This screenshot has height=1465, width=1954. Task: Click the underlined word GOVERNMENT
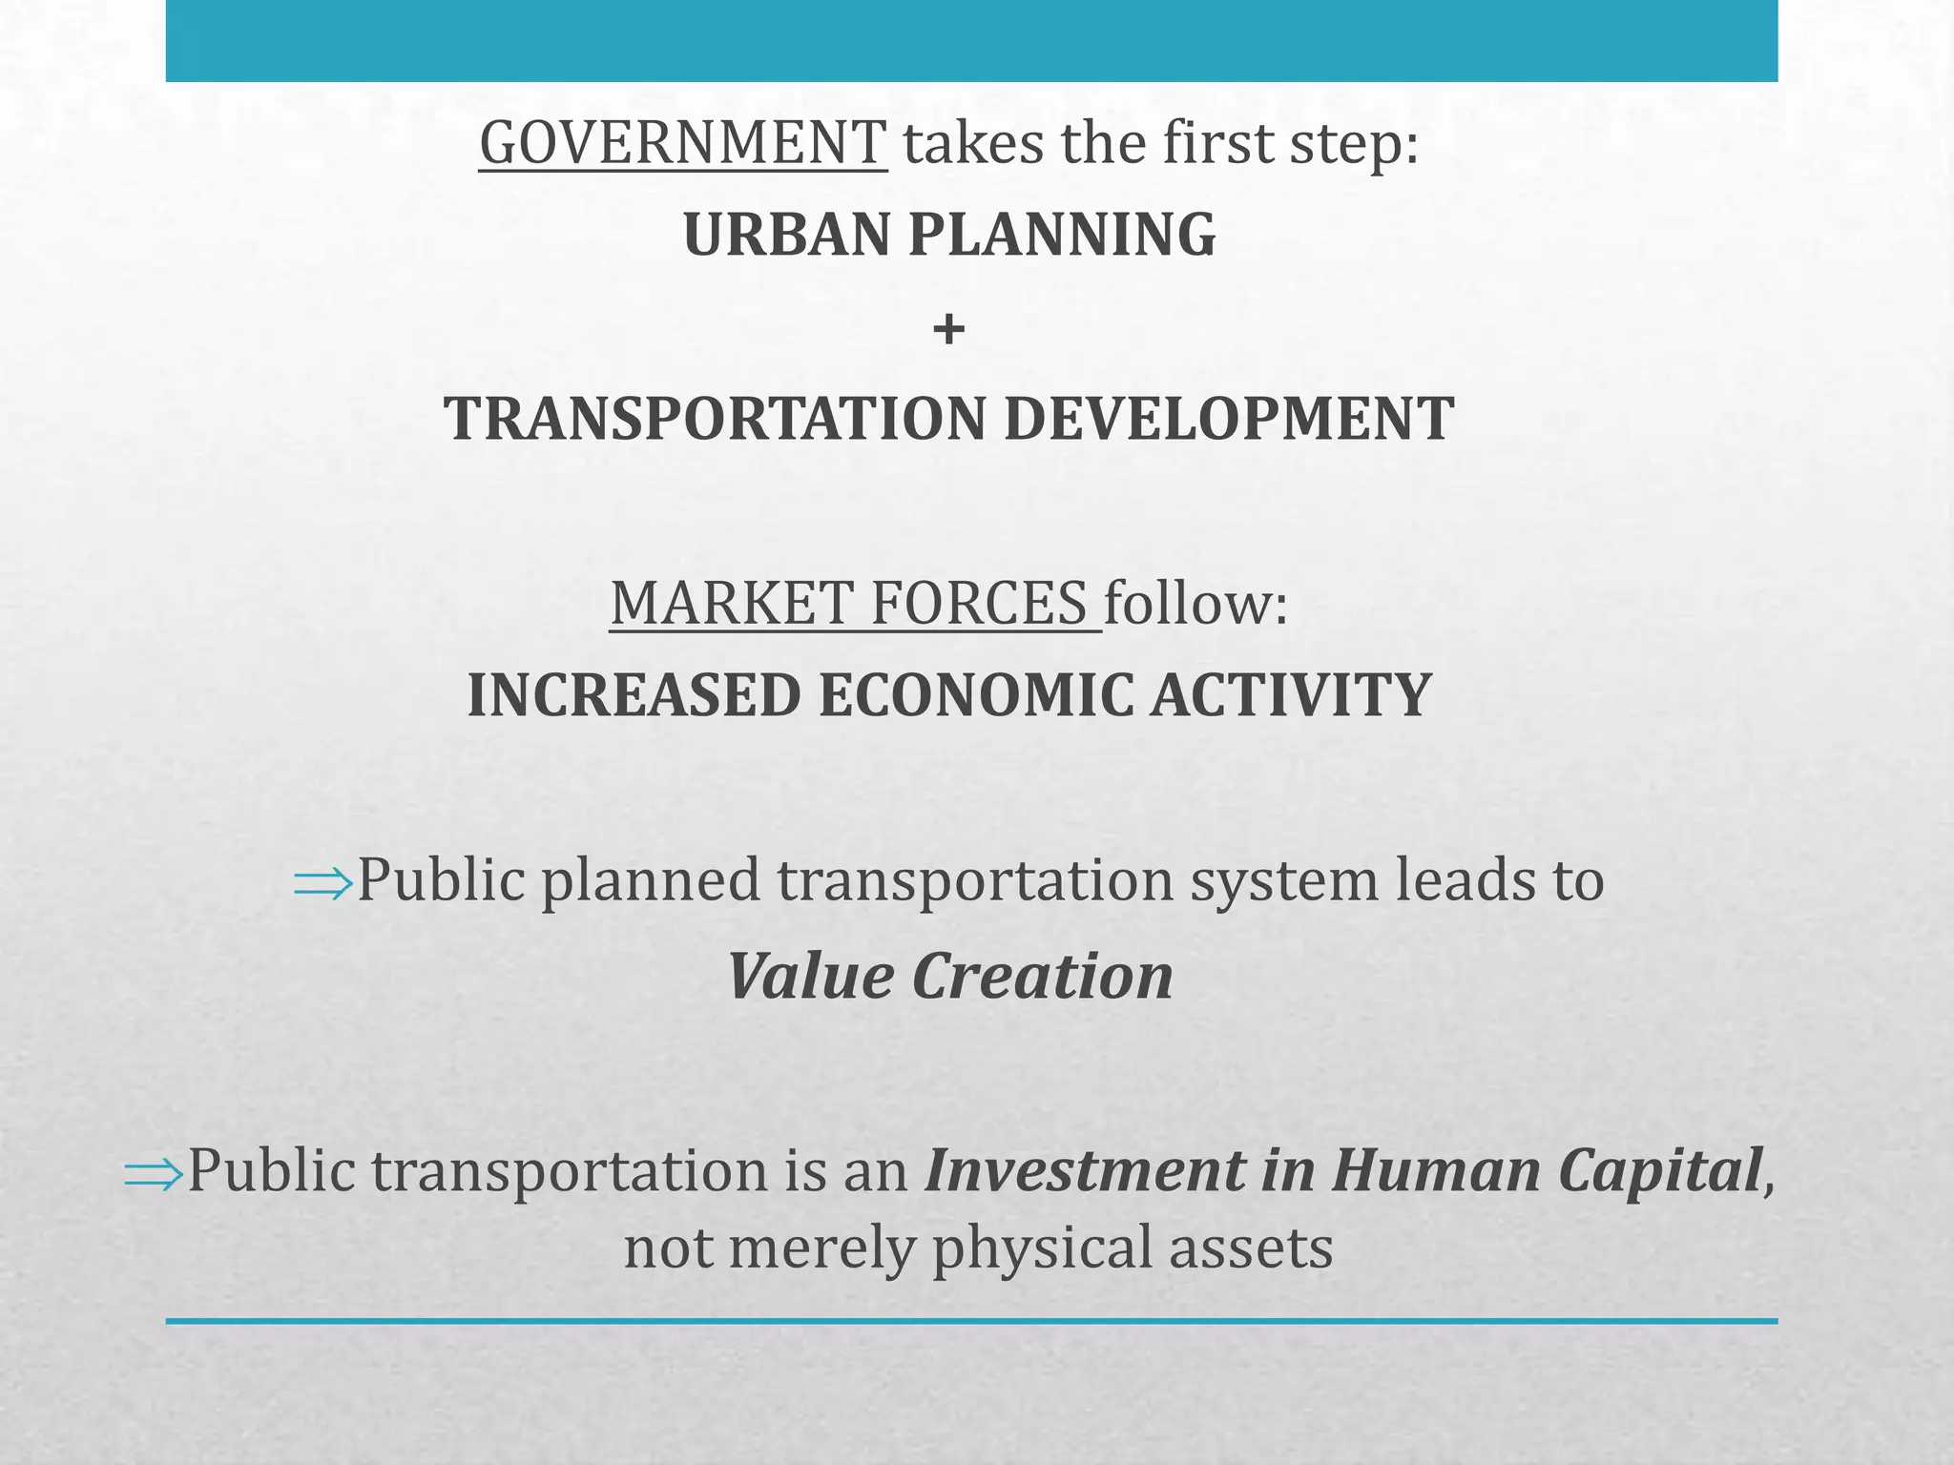coord(682,143)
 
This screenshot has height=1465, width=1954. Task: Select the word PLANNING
coord(1062,235)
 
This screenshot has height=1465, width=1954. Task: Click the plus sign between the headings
coord(948,330)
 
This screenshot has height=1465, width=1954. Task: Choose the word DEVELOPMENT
coord(1229,419)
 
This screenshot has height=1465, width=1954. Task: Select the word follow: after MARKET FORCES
coord(1196,603)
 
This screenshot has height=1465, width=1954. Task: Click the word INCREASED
coord(634,694)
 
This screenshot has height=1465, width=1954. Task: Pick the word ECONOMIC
coord(976,694)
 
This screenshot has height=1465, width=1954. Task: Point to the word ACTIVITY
coord(1291,694)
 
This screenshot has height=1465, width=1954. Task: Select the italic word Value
coord(810,977)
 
